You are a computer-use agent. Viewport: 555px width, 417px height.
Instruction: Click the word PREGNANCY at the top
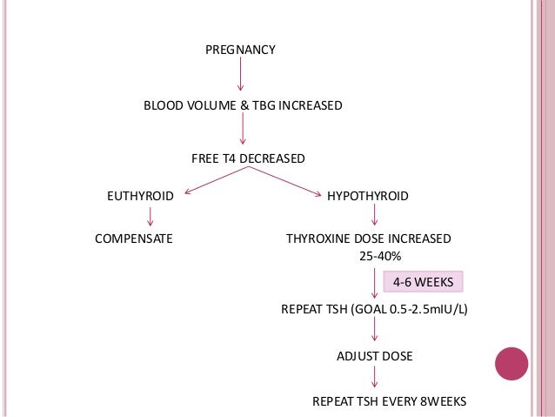[240, 50]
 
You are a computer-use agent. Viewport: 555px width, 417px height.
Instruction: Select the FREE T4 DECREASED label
[248, 158]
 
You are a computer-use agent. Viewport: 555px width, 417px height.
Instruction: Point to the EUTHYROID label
[140, 197]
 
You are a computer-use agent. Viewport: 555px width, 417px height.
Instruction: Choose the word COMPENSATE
[133, 238]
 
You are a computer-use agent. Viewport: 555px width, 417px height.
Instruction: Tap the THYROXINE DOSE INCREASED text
[369, 238]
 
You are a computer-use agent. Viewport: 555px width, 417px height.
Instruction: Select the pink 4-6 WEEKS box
[423, 282]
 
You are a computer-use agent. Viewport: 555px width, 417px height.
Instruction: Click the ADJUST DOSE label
[374, 356]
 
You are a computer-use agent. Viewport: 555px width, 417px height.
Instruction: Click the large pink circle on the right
[511, 363]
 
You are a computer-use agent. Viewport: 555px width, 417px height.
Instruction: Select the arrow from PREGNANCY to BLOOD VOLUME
[240, 77]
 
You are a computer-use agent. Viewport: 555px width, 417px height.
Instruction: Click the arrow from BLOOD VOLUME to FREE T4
[243, 131]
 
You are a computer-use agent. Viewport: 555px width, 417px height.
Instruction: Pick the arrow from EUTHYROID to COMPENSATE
[150, 217]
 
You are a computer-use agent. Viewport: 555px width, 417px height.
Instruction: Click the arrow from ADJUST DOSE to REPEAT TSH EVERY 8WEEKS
[374, 378]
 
